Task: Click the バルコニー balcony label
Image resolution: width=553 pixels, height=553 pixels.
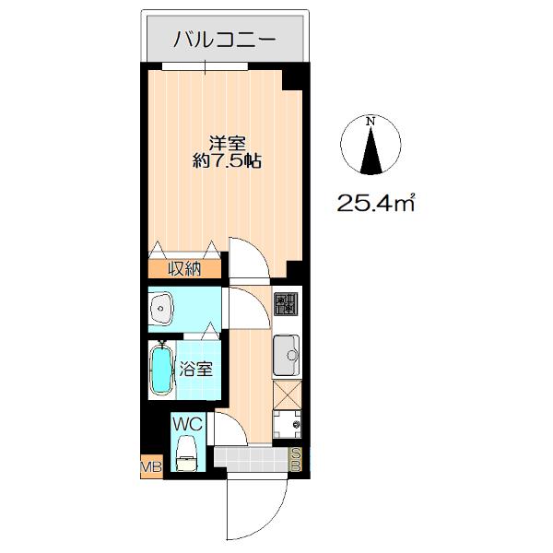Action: click(224, 40)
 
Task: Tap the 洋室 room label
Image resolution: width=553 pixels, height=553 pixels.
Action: click(227, 143)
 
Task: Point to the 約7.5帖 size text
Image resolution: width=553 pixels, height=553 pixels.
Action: click(227, 161)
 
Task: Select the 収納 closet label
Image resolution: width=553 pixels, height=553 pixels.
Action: click(184, 269)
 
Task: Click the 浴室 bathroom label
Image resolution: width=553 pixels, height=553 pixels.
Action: click(196, 369)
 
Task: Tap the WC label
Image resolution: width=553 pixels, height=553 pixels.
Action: click(187, 424)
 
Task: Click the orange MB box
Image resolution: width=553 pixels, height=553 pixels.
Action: click(152, 466)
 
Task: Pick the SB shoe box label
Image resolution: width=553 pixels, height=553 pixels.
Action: click(296, 459)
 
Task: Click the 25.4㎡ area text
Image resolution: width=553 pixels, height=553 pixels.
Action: click(376, 203)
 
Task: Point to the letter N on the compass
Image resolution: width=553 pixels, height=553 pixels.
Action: click(371, 122)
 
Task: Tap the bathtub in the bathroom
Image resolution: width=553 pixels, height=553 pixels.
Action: click(162, 369)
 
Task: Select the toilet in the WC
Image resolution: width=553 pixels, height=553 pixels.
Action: click(186, 453)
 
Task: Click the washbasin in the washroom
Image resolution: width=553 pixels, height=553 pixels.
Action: click(161, 309)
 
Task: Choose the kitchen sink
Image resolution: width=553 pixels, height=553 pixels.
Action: click(287, 355)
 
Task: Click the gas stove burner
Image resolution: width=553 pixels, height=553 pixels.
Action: click(286, 304)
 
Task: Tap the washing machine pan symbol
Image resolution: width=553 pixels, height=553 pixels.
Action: click(287, 424)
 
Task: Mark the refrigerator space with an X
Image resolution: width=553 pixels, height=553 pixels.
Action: click(288, 395)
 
